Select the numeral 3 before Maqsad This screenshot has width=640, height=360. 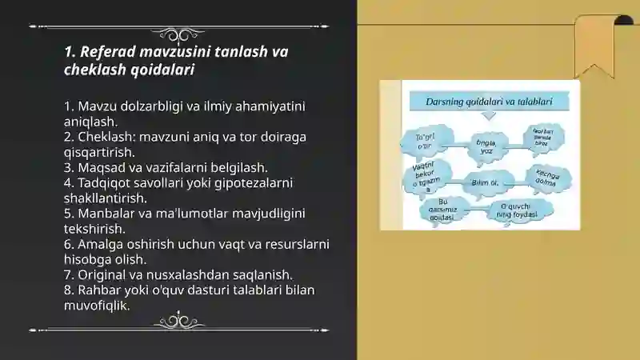point(68,168)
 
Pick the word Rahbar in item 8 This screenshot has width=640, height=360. point(101,290)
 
